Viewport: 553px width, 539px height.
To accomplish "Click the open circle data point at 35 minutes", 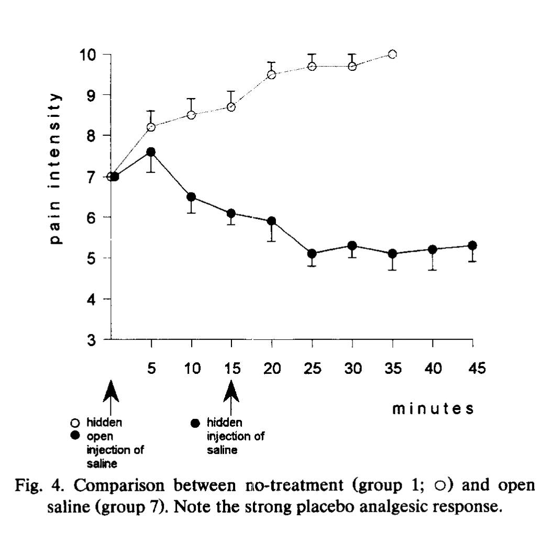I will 392,54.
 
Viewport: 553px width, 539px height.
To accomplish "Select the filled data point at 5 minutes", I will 151,152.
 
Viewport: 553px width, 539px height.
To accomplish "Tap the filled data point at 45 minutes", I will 472,245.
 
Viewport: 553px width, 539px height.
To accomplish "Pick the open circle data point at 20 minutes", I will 272,74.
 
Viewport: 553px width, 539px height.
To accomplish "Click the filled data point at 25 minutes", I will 312,254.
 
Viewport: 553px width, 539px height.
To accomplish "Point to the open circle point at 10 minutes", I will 191,115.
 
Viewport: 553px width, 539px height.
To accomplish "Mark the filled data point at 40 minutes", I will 433,250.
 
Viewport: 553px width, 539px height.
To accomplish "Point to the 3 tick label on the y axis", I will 91,340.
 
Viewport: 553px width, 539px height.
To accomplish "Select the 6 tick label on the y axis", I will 91,218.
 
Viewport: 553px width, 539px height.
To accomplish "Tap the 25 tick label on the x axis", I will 312,369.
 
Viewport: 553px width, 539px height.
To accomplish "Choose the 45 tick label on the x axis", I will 473,369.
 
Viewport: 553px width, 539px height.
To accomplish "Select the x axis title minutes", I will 434,408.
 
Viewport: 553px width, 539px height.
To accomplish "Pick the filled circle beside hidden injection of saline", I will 196,422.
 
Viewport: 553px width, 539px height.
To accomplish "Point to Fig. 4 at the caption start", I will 77,489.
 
